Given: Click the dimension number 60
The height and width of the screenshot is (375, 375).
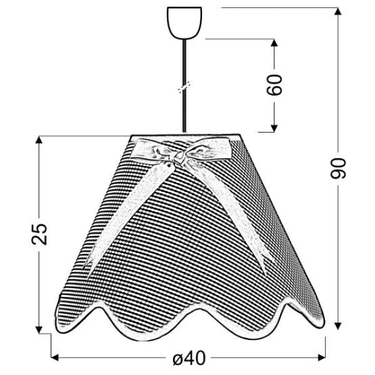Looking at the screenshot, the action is click(274, 84).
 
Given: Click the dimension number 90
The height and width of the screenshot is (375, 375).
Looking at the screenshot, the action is click(338, 168).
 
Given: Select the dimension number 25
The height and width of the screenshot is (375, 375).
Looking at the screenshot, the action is click(39, 234).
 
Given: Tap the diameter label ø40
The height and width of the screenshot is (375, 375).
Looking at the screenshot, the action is click(189, 358).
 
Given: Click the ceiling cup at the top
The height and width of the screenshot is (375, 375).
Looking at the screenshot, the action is click(184, 23).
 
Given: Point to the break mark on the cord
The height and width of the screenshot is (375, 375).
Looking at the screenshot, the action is click(184, 87).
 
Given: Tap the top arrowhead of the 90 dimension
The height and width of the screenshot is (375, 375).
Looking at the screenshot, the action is click(337, 11).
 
